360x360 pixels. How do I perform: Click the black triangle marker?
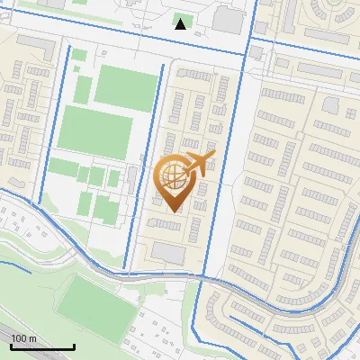pyautogui.click(x=181, y=24)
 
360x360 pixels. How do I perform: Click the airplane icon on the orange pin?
pyautogui.click(x=200, y=163)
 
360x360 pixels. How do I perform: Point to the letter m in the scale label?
pyautogui.click(x=33, y=338)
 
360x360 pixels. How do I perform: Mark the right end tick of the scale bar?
pyautogui.click(x=74, y=346)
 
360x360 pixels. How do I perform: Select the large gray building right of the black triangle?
pyautogui.click(x=229, y=21)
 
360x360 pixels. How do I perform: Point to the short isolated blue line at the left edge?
pyautogui.click(x=13, y=265)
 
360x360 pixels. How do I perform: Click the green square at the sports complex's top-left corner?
pyautogui.click(x=79, y=55)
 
